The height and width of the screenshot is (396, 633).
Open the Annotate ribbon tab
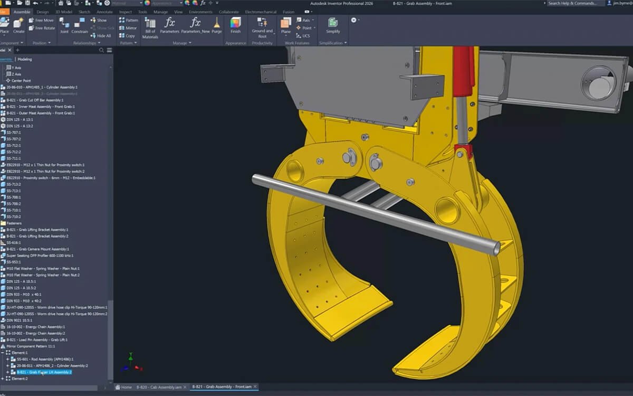[x=104, y=12]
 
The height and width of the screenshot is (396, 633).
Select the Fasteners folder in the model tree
[x=14, y=223]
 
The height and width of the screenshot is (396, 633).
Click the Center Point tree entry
[x=22, y=81]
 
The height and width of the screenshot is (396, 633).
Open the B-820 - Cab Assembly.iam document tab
[x=159, y=387]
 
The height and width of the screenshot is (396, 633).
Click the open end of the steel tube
[x=496, y=248]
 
